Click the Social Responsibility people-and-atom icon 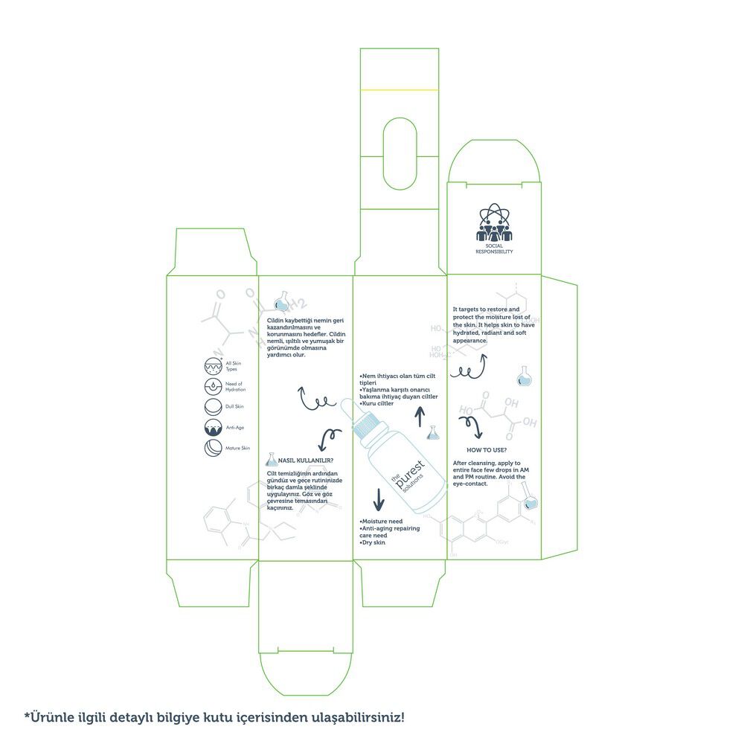click(x=493, y=222)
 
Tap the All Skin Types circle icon click(x=213, y=365)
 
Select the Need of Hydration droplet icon click(x=213, y=386)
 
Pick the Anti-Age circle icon click(x=213, y=428)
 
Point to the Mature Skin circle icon click(x=213, y=448)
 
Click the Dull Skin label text click(x=234, y=407)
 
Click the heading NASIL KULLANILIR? click(x=307, y=461)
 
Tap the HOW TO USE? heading click(x=487, y=450)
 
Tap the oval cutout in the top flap click(x=399, y=155)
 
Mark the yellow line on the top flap click(x=399, y=90)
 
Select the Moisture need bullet click(x=381, y=522)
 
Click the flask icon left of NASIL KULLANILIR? click(x=270, y=461)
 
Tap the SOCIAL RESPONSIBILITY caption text click(x=494, y=248)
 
